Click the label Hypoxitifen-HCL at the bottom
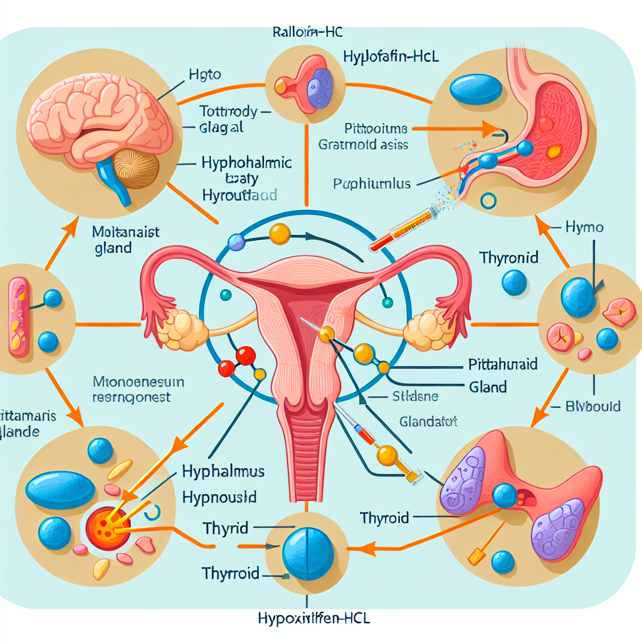313,619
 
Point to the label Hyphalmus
223,471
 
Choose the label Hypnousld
219,498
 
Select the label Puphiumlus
371,184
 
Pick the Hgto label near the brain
204,75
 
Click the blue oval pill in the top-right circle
476,89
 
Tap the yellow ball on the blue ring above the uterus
279,234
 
